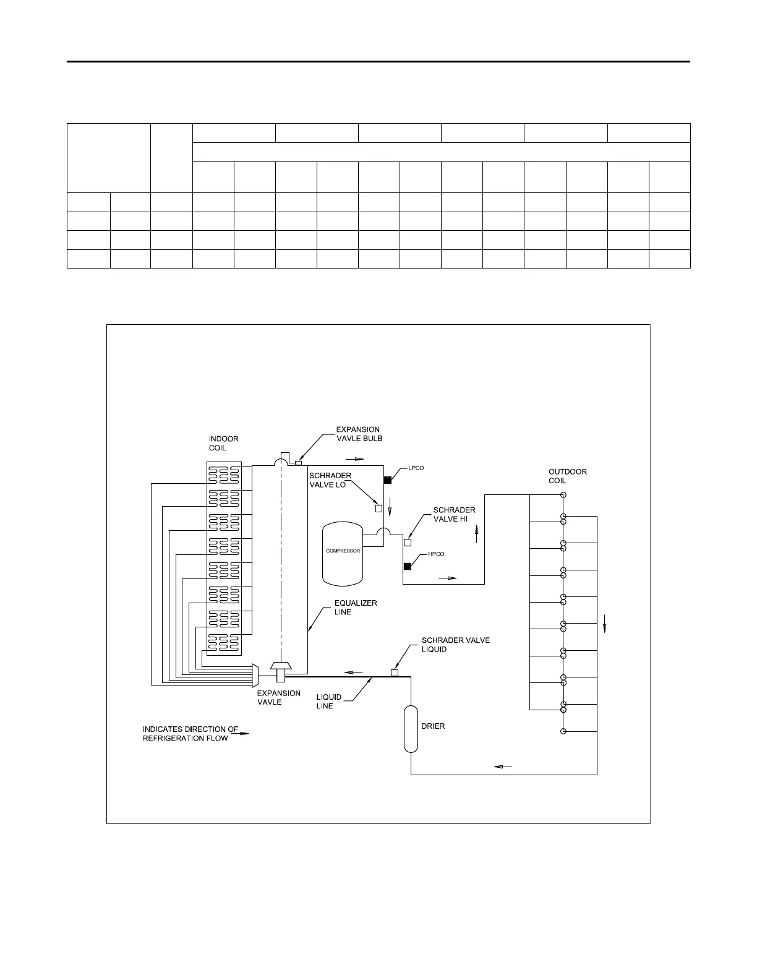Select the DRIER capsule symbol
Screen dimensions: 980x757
[x=411, y=728]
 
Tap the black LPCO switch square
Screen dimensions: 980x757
[x=387, y=480]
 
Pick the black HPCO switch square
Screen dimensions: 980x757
[x=407, y=566]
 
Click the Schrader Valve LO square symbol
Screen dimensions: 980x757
[x=379, y=509]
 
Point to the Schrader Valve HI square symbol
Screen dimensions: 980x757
[x=407, y=543]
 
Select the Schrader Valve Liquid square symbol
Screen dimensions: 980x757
[x=395, y=673]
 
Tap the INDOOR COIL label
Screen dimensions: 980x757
[x=223, y=444]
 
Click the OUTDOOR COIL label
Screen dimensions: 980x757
[x=567, y=476]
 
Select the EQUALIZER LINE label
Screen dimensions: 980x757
[x=356, y=608]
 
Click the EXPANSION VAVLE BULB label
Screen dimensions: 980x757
[x=359, y=434]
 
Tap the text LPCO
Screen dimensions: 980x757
[x=416, y=468]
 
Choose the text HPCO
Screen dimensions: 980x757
[x=436, y=554]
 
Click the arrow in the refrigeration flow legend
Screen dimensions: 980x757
[x=244, y=734]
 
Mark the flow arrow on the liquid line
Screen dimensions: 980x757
[x=354, y=671]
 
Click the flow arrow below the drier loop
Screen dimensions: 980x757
[x=503, y=767]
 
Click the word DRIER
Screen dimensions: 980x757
[x=433, y=726]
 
